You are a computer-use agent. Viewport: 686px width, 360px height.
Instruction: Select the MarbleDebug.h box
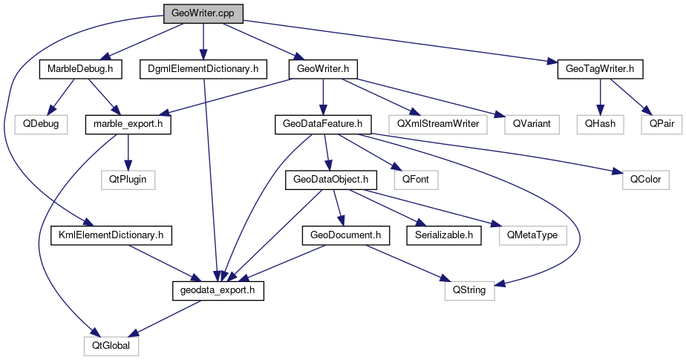pyautogui.click(x=80, y=70)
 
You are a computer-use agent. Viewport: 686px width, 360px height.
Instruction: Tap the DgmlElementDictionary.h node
pyautogui.click(x=203, y=70)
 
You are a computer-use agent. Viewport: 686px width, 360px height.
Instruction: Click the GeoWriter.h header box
pyautogui.click(x=323, y=70)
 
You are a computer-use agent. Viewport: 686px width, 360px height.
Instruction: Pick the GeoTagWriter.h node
pyautogui.click(x=599, y=70)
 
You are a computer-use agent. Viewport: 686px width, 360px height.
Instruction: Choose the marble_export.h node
pyautogui.click(x=128, y=124)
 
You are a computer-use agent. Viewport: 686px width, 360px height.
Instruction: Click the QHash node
pyautogui.click(x=601, y=124)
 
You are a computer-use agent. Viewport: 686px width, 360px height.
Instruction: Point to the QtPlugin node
pyautogui.click(x=128, y=180)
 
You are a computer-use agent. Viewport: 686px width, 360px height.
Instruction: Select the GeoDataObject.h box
pyautogui.click(x=330, y=180)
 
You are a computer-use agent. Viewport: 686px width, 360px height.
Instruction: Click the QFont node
pyautogui.click(x=415, y=180)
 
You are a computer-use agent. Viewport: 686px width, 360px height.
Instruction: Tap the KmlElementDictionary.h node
pyautogui.click(x=111, y=235)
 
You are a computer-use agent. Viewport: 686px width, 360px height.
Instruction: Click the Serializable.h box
pyautogui.click(x=444, y=235)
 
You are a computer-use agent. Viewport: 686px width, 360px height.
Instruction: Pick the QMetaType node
pyautogui.click(x=532, y=235)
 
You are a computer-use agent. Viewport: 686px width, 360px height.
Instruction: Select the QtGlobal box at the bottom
pyautogui.click(x=111, y=345)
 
